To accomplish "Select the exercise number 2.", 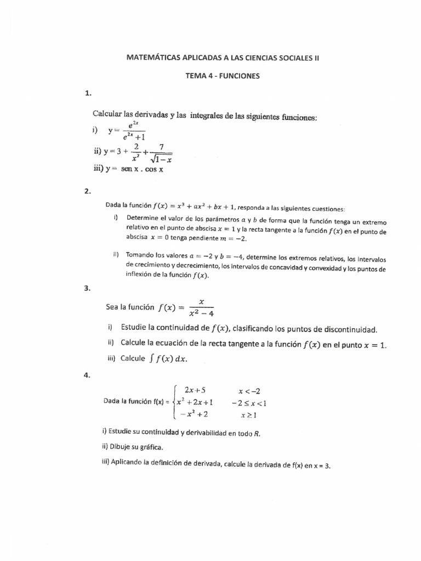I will point(87,192).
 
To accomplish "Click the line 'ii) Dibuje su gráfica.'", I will point(132,448).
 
